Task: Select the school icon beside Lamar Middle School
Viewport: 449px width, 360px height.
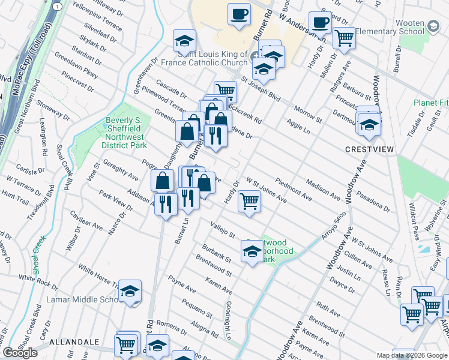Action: click(x=130, y=292)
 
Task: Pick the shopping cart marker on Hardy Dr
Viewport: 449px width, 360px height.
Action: click(x=249, y=201)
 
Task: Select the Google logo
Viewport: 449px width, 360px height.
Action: click(x=20, y=353)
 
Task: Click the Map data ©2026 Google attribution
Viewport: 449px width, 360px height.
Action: click(x=412, y=355)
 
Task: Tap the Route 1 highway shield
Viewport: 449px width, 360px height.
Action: click(x=56, y=5)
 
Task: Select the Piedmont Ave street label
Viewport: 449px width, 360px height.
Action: click(x=294, y=188)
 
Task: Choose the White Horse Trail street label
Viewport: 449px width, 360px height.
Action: click(x=97, y=277)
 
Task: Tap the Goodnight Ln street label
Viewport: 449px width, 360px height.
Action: click(x=229, y=319)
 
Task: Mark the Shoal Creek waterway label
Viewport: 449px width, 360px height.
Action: click(x=39, y=255)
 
